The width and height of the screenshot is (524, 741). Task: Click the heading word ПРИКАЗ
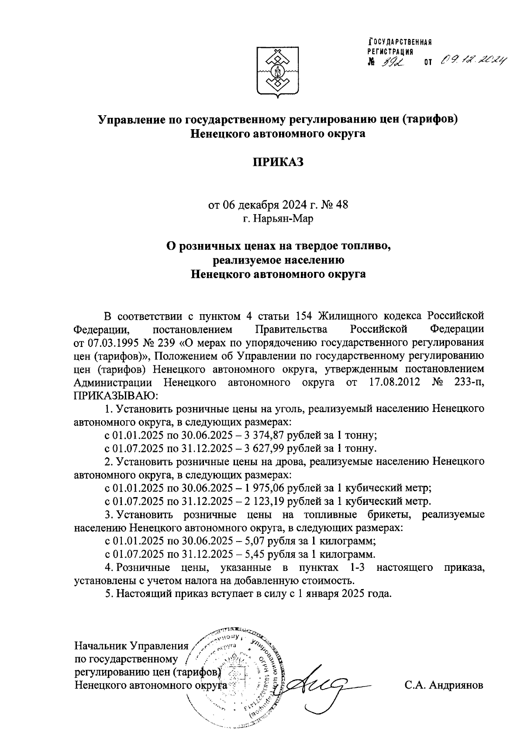(x=279, y=162)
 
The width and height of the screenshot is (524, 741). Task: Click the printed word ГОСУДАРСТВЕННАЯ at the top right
(x=400, y=42)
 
